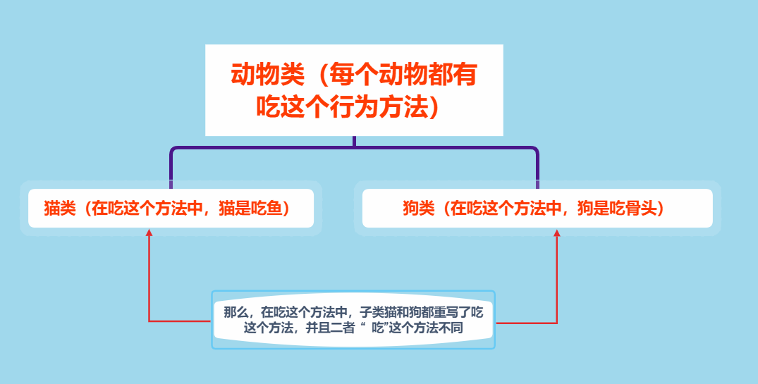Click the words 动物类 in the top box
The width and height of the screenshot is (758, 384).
point(267,75)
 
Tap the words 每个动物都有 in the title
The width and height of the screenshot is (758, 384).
point(408,75)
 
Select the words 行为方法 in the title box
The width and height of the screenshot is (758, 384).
point(378,107)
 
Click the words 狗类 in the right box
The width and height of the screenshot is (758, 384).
point(417,209)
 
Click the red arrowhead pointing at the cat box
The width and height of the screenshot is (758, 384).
point(149,233)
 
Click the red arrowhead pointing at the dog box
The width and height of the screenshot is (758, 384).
point(556,233)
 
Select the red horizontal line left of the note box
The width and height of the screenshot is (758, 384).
point(180,321)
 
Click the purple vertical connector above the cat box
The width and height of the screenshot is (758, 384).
point(171,168)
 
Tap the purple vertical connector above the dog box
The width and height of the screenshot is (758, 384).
point(537,168)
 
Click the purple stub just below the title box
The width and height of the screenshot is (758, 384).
point(354,142)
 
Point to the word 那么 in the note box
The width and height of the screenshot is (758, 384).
point(235,311)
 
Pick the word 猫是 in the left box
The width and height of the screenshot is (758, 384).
point(230,209)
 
